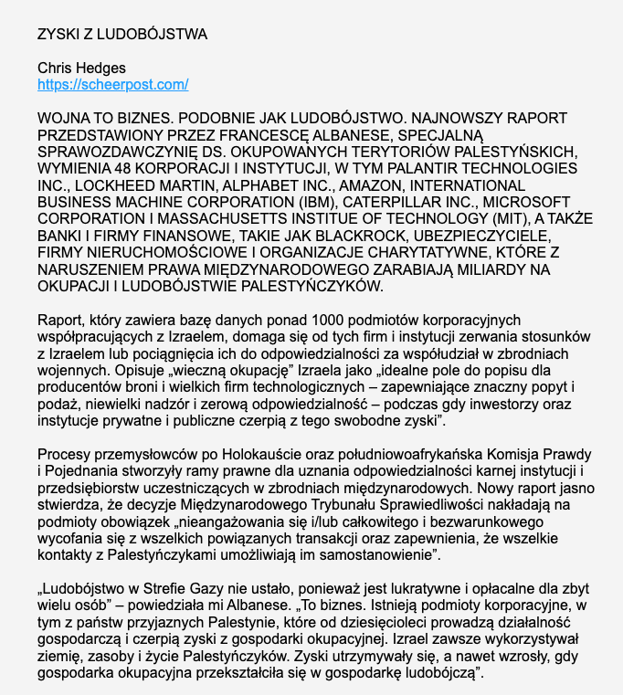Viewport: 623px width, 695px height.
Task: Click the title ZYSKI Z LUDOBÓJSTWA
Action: [122, 35]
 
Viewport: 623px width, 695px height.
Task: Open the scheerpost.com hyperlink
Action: [112, 85]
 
